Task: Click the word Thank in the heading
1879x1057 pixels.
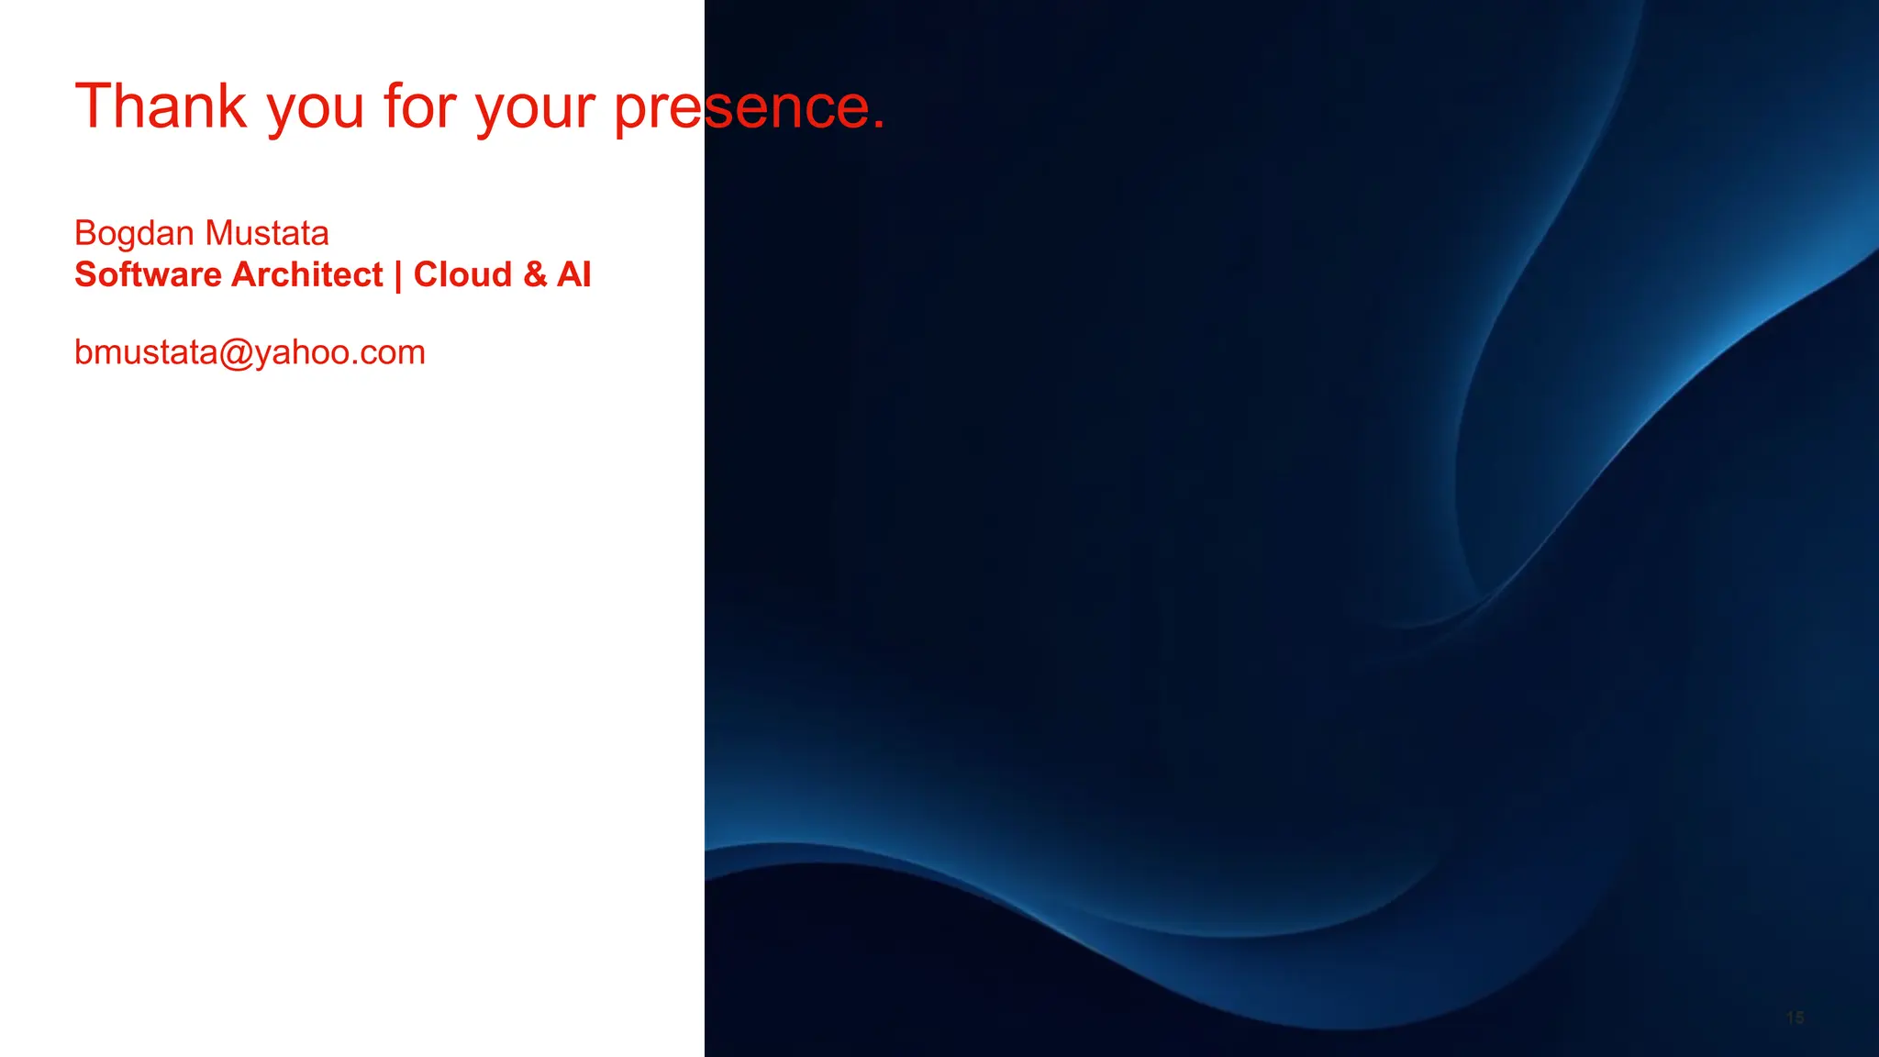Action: (161, 106)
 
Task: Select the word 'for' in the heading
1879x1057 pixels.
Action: (420, 106)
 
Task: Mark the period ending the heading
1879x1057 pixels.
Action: (879, 126)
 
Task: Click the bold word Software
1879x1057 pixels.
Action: (148, 274)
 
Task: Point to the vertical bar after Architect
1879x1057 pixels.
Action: (398, 275)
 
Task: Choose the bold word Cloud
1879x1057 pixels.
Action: (462, 274)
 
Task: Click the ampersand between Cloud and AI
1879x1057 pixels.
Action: (535, 274)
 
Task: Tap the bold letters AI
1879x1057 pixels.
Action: (573, 274)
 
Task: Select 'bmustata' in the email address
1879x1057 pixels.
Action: (146, 352)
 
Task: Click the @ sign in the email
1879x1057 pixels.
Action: (236, 353)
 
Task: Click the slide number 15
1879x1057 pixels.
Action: (1795, 1018)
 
